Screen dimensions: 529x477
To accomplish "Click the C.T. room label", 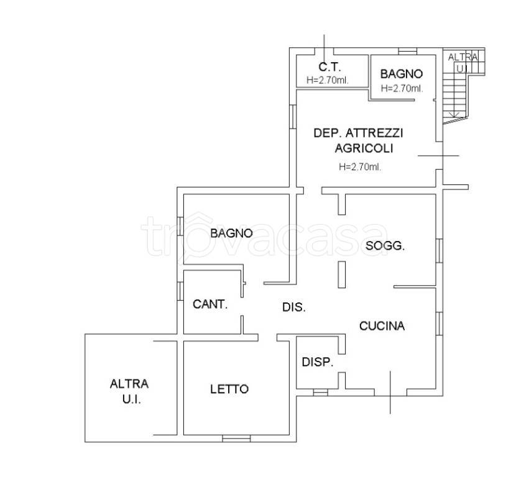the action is pyautogui.click(x=329, y=67).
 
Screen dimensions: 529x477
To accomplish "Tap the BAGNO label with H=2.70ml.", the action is pyautogui.click(x=402, y=74).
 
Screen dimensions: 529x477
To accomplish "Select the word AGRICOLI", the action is pyautogui.click(x=364, y=148).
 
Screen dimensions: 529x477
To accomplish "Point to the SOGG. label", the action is pyautogui.click(x=385, y=246).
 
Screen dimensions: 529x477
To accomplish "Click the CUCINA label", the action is pyautogui.click(x=382, y=326).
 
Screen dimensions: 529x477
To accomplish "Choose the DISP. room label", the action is pyautogui.click(x=318, y=362).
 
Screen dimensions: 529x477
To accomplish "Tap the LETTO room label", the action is pyautogui.click(x=229, y=389).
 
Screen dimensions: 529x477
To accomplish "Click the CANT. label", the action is pyautogui.click(x=210, y=304).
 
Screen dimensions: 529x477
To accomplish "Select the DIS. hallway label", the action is pyautogui.click(x=294, y=307).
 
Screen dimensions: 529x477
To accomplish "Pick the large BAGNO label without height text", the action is pyautogui.click(x=231, y=233).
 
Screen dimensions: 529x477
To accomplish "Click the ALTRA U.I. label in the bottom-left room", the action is pyautogui.click(x=129, y=392).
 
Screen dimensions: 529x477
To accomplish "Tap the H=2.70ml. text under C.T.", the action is pyautogui.click(x=327, y=80).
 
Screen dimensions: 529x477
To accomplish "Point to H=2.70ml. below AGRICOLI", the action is pyautogui.click(x=360, y=167).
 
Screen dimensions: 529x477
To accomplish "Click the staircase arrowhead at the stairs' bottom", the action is pyautogui.click(x=454, y=115).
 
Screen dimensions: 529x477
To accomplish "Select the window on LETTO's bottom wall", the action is pyautogui.click(x=236, y=438).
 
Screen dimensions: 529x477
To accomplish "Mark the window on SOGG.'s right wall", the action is pyautogui.click(x=439, y=250).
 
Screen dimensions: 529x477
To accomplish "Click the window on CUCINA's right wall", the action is pyautogui.click(x=439, y=324).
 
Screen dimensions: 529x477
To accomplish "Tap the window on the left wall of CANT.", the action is pyautogui.click(x=180, y=291).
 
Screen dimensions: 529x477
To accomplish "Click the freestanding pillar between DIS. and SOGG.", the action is pyautogui.click(x=342, y=275).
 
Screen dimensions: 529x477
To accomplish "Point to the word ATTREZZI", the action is pyautogui.click(x=374, y=133).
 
